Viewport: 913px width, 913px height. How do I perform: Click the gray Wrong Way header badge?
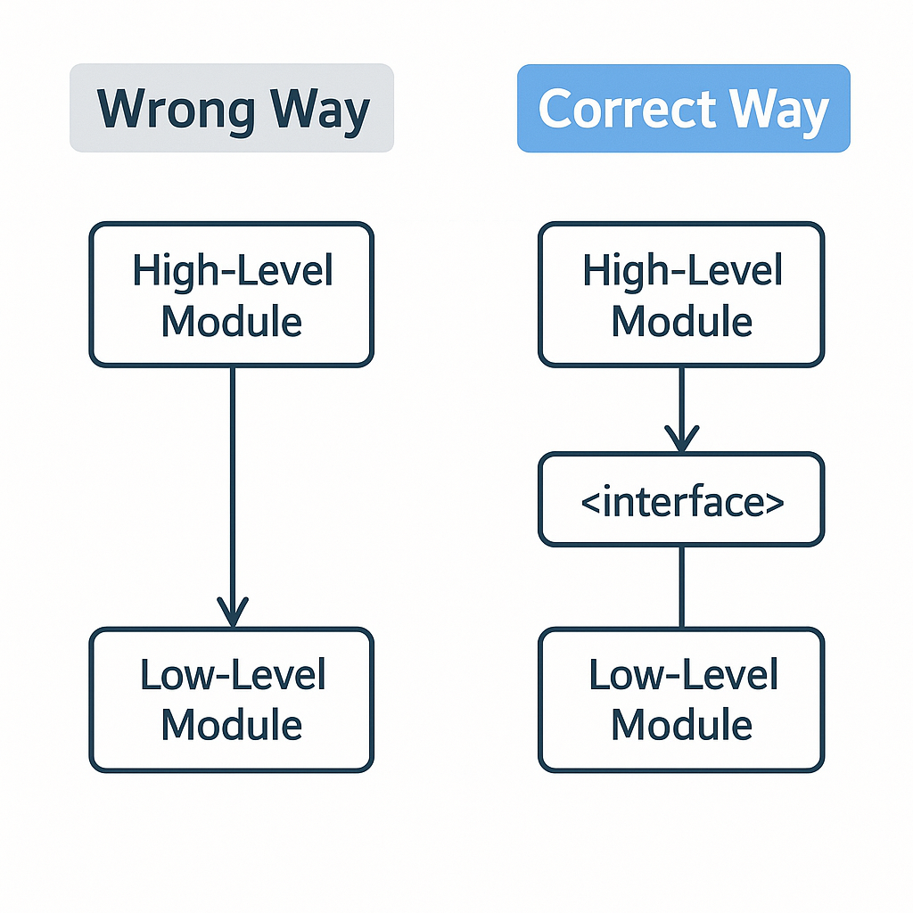[x=231, y=108]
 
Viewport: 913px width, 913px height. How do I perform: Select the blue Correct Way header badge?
[x=683, y=108]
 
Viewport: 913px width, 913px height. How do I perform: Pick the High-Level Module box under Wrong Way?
[x=231, y=294]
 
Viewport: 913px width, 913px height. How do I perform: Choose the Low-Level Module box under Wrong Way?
[x=231, y=700]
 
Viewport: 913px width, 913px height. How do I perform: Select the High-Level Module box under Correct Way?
[x=681, y=294]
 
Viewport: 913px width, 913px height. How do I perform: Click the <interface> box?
[x=681, y=500]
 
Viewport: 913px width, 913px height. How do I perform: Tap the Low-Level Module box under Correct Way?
[x=681, y=700]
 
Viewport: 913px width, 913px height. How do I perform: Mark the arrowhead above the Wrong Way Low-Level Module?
[x=232, y=613]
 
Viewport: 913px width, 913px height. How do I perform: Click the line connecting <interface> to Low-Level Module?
[x=681, y=587]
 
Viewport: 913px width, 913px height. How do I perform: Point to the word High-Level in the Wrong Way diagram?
[x=232, y=270]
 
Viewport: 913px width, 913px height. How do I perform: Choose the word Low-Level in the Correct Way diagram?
[x=683, y=676]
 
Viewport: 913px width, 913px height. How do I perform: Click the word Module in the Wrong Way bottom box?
[x=232, y=724]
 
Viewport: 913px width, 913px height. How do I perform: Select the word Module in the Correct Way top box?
[x=682, y=320]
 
